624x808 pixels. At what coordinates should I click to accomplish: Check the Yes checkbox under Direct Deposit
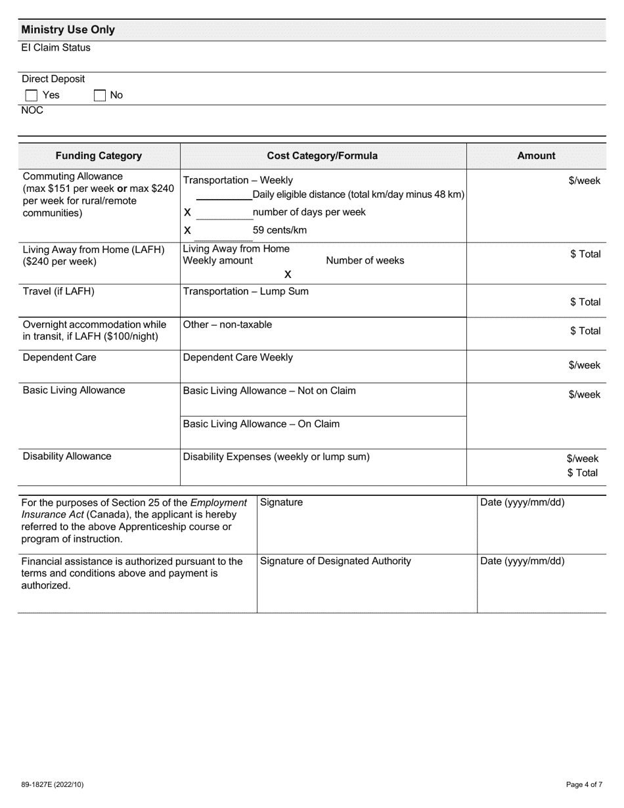(x=31, y=96)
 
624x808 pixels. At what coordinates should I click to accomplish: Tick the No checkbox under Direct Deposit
(x=100, y=96)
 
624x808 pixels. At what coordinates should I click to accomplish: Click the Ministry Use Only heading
(x=68, y=30)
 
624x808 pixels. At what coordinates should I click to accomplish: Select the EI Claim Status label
(x=56, y=48)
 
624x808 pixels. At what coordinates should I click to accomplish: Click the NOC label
(x=32, y=110)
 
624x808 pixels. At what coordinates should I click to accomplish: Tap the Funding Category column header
(x=99, y=156)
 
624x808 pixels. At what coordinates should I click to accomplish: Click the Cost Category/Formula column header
(x=322, y=156)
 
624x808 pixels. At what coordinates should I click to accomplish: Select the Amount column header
(x=536, y=156)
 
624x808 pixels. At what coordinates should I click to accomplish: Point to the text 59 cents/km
(x=280, y=231)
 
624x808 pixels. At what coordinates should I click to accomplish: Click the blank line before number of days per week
(x=223, y=213)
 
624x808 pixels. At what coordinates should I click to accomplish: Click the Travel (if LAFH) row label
(x=58, y=292)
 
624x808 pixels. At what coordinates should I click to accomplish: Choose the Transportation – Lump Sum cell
(x=246, y=292)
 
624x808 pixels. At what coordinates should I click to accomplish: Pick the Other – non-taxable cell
(x=227, y=325)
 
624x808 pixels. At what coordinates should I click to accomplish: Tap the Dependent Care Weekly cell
(x=238, y=357)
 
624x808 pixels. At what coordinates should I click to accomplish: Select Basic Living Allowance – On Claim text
(x=261, y=424)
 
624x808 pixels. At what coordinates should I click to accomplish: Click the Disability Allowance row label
(x=67, y=457)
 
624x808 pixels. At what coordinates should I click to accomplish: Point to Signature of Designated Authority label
(x=336, y=561)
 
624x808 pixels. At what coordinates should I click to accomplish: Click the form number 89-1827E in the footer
(x=52, y=784)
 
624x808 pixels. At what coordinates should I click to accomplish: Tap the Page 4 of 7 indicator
(x=584, y=784)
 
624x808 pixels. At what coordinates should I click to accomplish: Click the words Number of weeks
(x=365, y=261)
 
